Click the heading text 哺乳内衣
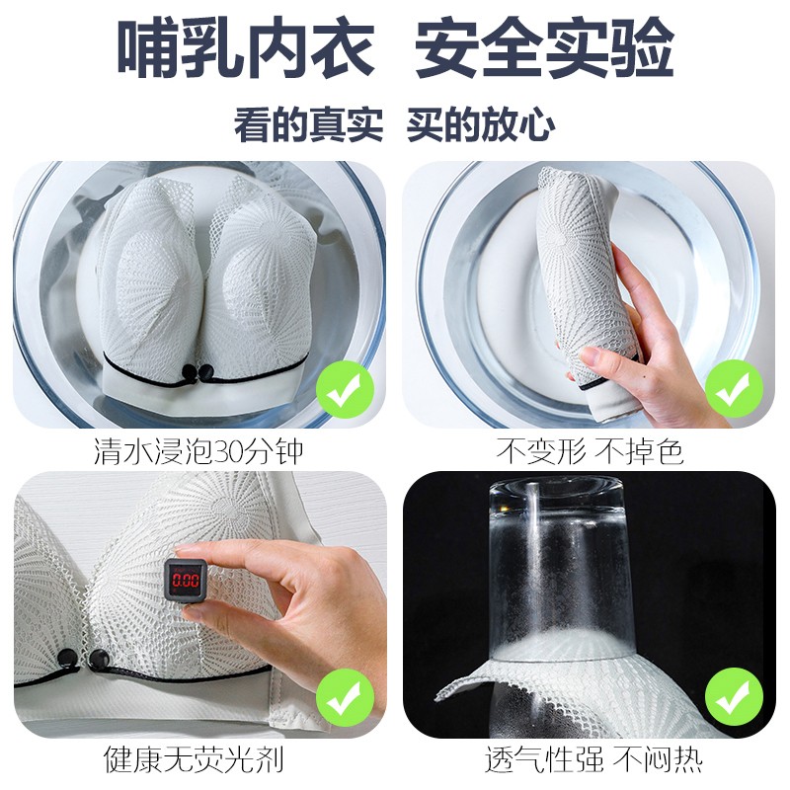click(245, 49)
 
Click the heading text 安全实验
click(545, 49)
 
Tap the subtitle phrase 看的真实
click(308, 124)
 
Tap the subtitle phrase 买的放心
click(481, 124)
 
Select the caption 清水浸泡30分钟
click(198, 451)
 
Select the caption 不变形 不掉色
click(590, 451)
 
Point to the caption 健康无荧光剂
click(194, 759)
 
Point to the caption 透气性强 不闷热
click(593, 759)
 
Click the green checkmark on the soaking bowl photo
click(345, 389)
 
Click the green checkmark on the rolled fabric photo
click(734, 389)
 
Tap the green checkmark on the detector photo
click(345, 697)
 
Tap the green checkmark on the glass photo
click(734, 697)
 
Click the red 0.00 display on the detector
click(186, 580)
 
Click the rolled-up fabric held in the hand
click(584, 279)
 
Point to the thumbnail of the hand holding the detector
click(200, 604)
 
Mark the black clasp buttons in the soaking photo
click(198, 373)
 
